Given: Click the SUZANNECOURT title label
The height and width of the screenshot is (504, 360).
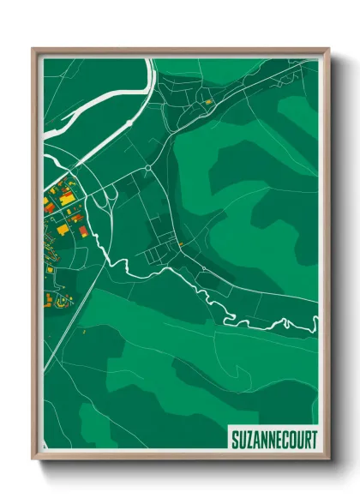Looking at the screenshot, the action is click(x=274, y=440).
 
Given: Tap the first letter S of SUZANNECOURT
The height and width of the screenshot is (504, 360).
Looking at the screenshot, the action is click(x=234, y=440).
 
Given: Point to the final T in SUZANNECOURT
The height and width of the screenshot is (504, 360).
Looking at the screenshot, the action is click(x=315, y=440).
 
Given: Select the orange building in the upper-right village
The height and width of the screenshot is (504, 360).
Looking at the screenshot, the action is click(x=207, y=102).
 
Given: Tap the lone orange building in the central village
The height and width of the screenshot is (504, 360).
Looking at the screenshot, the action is click(x=182, y=244).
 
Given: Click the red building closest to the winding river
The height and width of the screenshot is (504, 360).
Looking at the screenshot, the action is click(x=82, y=229).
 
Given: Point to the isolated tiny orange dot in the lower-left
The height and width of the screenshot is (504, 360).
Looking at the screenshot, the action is click(x=84, y=330).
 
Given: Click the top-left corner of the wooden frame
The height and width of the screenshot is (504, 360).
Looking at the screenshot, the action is click(x=33, y=49).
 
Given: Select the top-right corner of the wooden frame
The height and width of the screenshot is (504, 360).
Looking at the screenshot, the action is click(x=327, y=49).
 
